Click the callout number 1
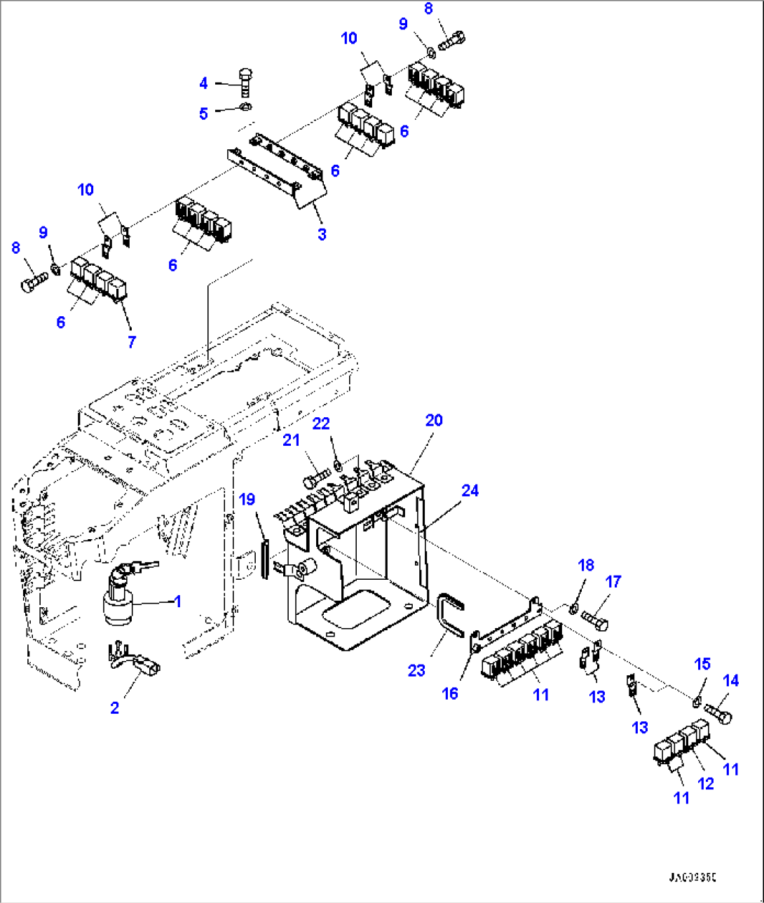coord(178,601)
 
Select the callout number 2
coord(115,707)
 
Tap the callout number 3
coord(322,234)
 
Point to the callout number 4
coord(203,83)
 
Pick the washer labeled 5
coord(245,107)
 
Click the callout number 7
coord(131,341)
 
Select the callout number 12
coord(706,784)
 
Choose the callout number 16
coord(449,693)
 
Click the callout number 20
coord(434,420)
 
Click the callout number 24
coord(470,491)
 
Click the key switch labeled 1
coord(119,594)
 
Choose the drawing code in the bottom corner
coord(693,877)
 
